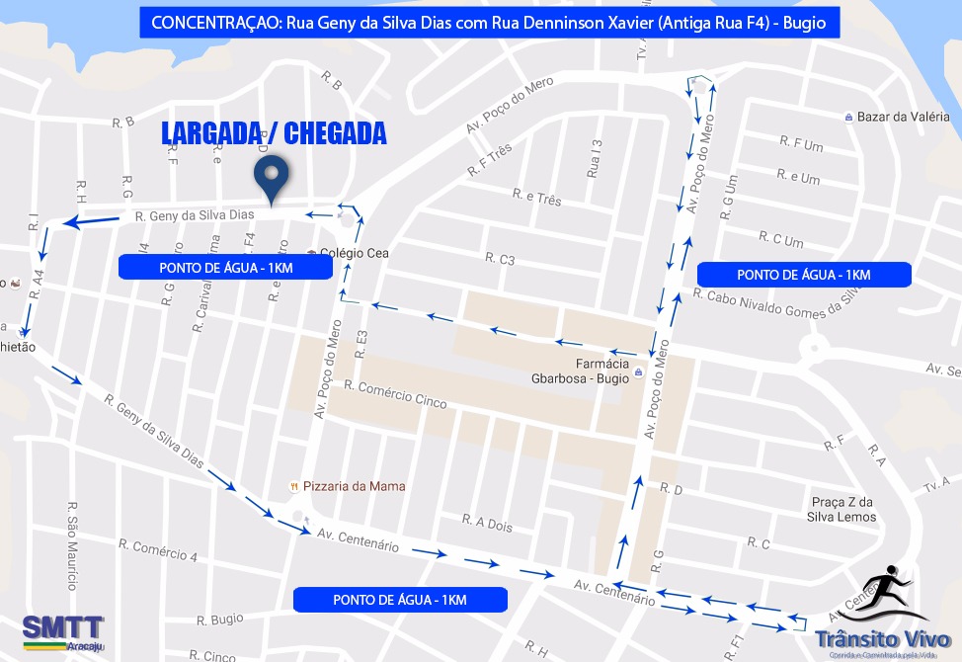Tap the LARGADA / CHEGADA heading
[x=274, y=134]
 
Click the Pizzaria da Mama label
[x=354, y=486]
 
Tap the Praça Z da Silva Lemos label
[x=841, y=509]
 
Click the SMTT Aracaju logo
[x=62, y=631]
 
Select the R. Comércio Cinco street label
[x=395, y=394]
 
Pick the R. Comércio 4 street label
[x=158, y=549]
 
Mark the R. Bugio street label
[x=219, y=620]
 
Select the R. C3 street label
[x=500, y=260]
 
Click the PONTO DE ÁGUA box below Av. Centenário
[x=400, y=600]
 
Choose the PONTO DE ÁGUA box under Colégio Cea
[x=225, y=268]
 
